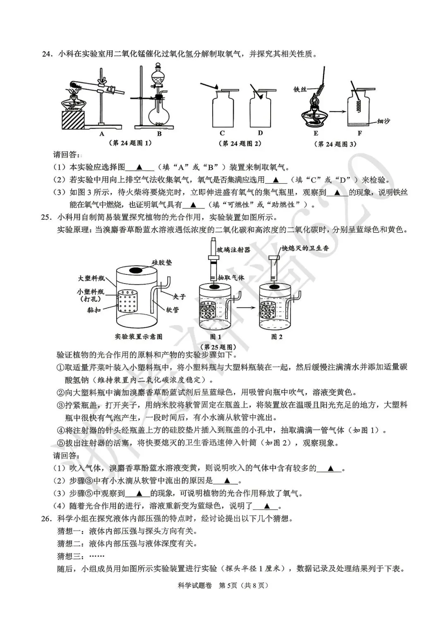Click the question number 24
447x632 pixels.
pos(47,54)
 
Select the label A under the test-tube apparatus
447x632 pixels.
pos(101,133)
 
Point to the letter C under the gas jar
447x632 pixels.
pos(222,133)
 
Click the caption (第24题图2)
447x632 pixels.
pos(240,143)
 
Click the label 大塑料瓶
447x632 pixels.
pos(92,278)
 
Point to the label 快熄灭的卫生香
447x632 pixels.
pos(305,248)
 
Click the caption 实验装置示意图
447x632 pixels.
pos(139,336)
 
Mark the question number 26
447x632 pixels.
pos(47,518)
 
